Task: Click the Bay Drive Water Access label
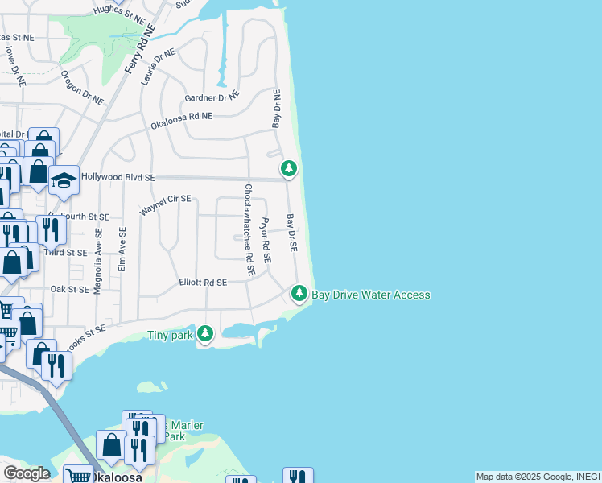371,295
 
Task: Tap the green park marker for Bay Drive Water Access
299,294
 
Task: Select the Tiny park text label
170,336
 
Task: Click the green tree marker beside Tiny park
206,332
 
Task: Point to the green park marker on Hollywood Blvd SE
289,168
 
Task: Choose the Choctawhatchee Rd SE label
249,230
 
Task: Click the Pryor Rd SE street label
266,240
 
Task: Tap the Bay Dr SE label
291,233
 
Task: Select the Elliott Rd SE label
203,283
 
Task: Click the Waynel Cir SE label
165,204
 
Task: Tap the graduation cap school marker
64,180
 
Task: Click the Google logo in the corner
26,473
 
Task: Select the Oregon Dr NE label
82,88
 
